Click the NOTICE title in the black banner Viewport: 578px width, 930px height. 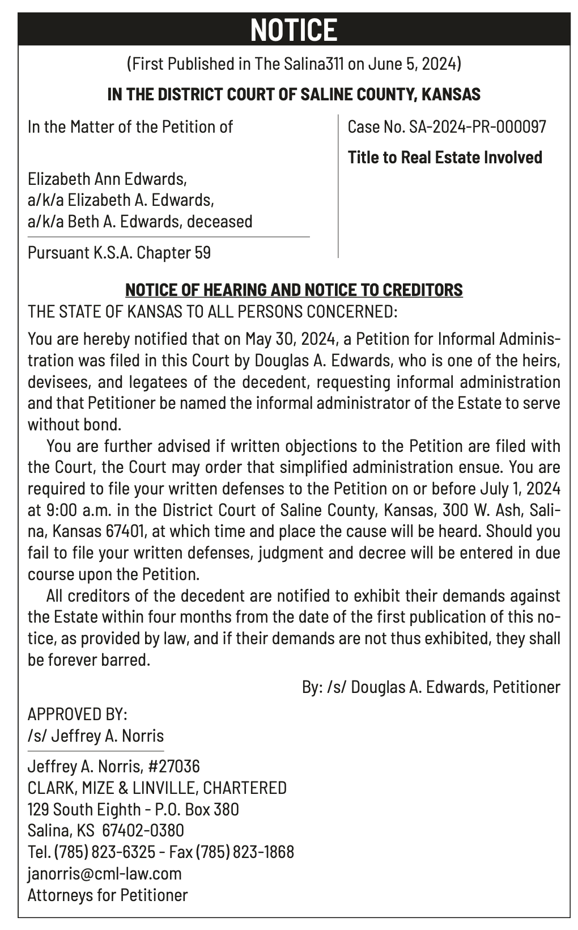point(294,29)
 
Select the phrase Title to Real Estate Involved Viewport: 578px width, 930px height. point(445,157)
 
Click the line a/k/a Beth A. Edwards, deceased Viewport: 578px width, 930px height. point(140,221)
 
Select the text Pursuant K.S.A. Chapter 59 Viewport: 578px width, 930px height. point(119,252)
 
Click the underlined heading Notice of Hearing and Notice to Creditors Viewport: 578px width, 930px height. point(294,290)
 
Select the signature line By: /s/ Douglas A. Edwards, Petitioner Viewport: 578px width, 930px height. point(431,687)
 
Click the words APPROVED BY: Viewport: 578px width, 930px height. point(78,714)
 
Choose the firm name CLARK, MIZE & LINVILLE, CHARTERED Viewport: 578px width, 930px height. point(157,788)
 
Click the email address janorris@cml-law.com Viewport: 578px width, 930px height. point(105,873)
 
